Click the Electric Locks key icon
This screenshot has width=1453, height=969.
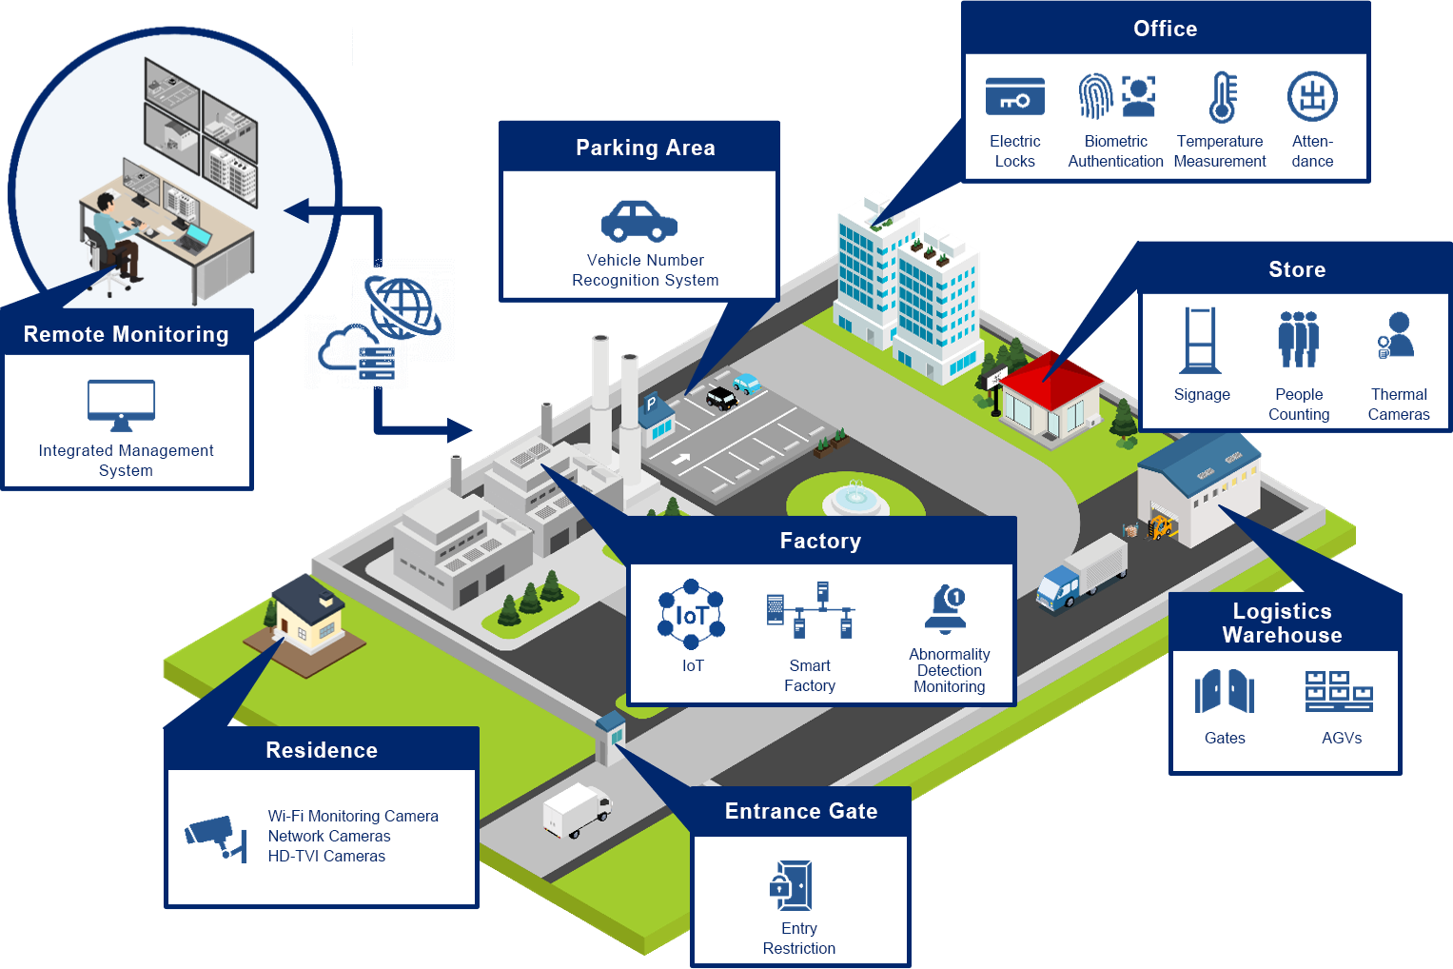pos(1014,97)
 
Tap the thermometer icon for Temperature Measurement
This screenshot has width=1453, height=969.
pos(1222,97)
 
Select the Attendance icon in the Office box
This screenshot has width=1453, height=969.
pos(1312,97)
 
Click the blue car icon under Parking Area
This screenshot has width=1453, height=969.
pos(639,221)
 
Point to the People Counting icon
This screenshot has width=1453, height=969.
pos(1298,340)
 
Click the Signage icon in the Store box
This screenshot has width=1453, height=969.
pos(1200,340)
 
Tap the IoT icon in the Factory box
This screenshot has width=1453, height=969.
pos(692,615)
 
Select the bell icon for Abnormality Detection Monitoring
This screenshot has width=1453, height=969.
pos(947,609)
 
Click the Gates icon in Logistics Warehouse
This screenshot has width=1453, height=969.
pos(1225,691)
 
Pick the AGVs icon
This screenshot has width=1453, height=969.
pos(1339,691)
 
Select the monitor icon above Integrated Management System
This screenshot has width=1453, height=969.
pos(121,405)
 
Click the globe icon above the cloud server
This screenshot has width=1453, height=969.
pos(403,307)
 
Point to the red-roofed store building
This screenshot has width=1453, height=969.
pos(1047,395)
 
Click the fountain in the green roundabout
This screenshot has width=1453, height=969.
pos(854,497)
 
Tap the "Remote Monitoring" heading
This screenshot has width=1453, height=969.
pos(126,334)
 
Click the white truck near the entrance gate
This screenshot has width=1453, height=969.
pos(577,811)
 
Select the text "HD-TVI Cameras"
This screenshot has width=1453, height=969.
pos(326,856)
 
